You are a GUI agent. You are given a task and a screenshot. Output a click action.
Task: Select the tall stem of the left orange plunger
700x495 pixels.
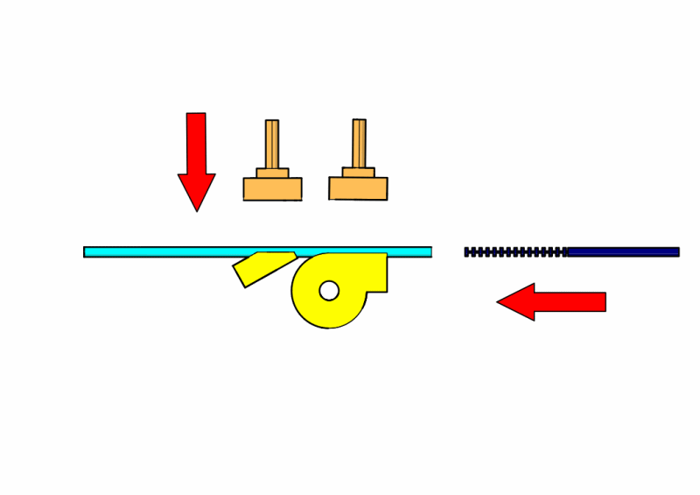click(x=272, y=144)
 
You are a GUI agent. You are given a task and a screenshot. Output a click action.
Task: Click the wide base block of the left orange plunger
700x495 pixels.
click(x=272, y=189)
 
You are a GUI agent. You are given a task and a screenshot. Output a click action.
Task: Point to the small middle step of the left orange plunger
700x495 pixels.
click(x=272, y=173)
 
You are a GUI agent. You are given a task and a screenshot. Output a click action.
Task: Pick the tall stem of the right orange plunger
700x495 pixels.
click(x=359, y=143)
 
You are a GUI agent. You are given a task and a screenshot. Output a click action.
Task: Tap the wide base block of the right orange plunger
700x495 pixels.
click(x=358, y=188)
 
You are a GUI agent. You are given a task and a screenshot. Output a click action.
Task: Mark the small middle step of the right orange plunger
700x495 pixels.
click(x=358, y=172)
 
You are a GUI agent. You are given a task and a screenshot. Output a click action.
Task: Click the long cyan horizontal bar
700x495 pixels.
click(x=175, y=252)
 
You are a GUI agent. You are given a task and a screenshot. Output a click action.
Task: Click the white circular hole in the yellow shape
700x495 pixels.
click(x=329, y=290)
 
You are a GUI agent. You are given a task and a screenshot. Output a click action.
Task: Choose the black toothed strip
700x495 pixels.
click(x=515, y=252)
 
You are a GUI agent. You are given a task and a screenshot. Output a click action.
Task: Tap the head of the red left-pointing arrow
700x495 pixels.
click(x=516, y=301)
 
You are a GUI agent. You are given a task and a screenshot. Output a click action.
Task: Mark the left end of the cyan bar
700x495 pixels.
click(x=87, y=252)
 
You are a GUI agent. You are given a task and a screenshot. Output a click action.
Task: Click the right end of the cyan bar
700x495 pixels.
click(x=429, y=252)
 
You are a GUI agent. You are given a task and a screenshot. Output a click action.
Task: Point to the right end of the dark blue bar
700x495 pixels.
click(x=676, y=252)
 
